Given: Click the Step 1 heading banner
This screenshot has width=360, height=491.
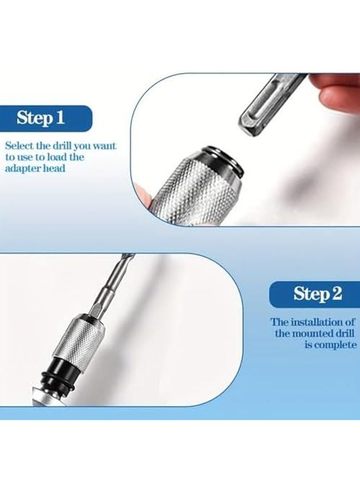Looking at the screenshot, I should tap(46, 117).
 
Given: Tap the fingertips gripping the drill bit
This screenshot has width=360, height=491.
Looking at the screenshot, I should tap(338, 90).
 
